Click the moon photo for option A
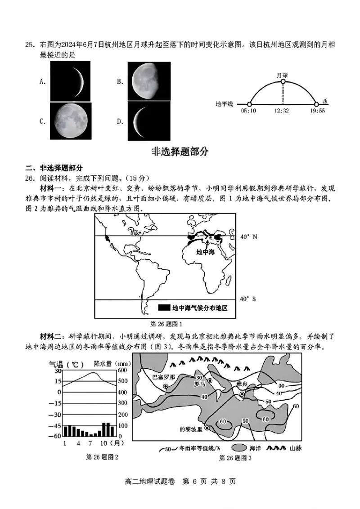coord(67,81)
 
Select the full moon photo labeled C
coord(70,122)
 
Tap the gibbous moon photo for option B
coord(149,81)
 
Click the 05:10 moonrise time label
coord(248,111)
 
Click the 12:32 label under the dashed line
coord(283,111)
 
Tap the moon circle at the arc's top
coord(283,81)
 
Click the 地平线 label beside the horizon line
coord(224,104)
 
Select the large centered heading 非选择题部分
coord(180,152)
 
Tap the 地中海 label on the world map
coord(205,252)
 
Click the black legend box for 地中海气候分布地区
coord(163,308)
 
